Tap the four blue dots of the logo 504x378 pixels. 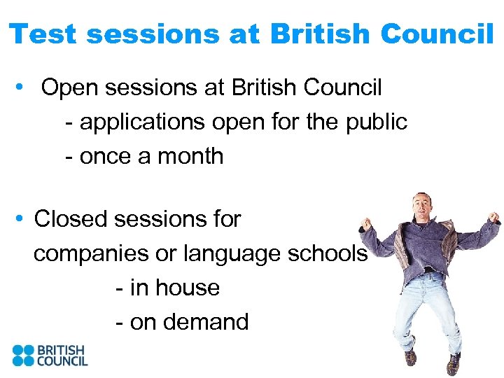click(23, 355)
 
